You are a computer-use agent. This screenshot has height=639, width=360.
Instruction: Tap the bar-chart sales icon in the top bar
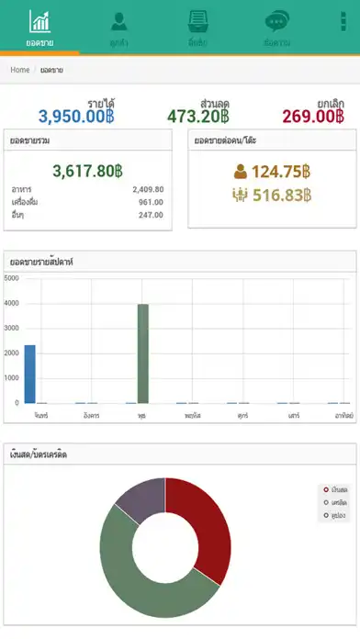[x=39, y=22]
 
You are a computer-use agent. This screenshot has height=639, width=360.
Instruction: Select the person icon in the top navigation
[x=118, y=22]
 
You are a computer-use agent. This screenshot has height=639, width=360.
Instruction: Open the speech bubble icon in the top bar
[x=276, y=22]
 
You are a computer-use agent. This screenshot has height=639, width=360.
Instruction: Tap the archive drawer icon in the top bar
[x=197, y=22]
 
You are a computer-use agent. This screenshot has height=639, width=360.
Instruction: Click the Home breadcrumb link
[x=19, y=70]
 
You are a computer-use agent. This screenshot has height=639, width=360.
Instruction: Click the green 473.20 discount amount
[x=198, y=117]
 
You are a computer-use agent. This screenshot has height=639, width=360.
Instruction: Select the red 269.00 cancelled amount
[x=313, y=117]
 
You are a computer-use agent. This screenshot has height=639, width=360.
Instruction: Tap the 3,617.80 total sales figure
[x=87, y=171]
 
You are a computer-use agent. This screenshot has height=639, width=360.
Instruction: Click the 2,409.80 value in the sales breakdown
[x=147, y=189]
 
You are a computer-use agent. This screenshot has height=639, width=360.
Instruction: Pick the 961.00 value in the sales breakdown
[x=151, y=202]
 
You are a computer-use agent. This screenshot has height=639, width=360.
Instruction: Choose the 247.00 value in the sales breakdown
[x=151, y=215]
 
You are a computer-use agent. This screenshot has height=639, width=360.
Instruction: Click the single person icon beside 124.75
[x=241, y=171]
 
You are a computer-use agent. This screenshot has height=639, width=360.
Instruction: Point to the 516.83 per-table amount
[x=282, y=195]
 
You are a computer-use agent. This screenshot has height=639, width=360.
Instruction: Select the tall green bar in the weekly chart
[x=142, y=353]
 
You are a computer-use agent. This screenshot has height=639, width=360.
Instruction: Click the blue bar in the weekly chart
[x=29, y=374]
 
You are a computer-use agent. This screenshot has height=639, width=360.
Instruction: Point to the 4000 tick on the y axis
[x=11, y=303]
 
